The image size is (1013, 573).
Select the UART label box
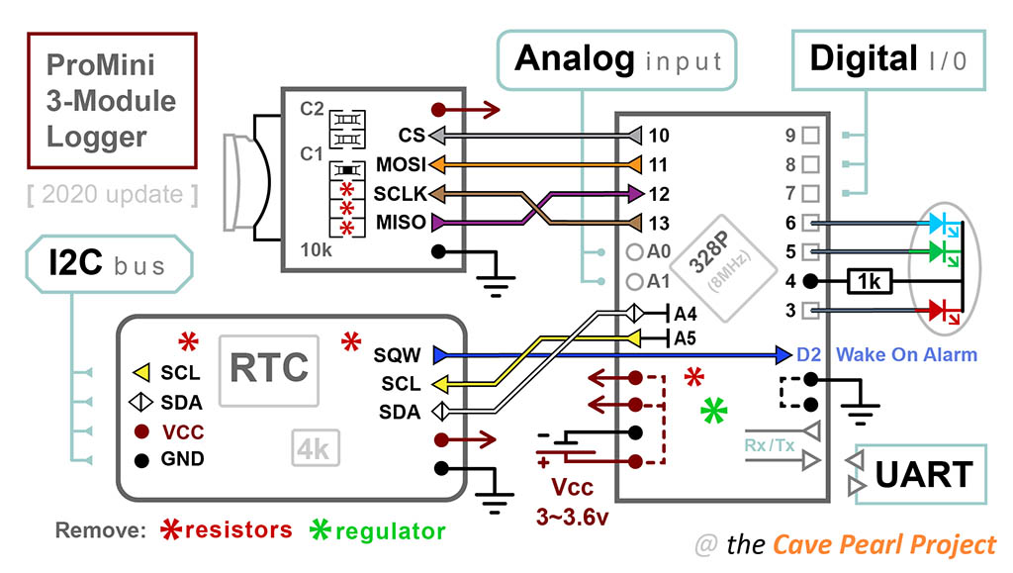pyautogui.click(x=922, y=475)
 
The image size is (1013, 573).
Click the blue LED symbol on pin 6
pyautogui.click(x=945, y=225)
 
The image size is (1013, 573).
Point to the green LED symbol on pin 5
pyautogui.click(x=945, y=253)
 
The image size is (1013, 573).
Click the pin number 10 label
pyautogui.click(x=660, y=135)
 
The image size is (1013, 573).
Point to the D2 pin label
pyautogui.click(x=810, y=354)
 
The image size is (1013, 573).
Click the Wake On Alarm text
pyautogui.click(x=906, y=354)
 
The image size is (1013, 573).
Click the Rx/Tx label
pyautogui.click(x=771, y=444)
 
